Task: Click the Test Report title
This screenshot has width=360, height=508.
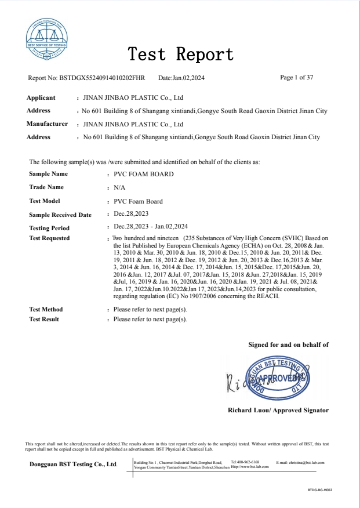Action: (180, 55)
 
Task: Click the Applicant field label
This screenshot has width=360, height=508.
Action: (41, 97)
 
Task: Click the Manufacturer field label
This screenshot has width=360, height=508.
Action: (48, 124)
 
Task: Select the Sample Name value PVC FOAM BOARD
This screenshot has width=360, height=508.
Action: (144, 174)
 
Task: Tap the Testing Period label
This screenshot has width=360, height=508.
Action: (49, 228)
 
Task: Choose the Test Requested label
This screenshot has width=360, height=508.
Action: (49, 238)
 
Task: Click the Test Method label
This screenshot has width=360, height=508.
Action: (46, 310)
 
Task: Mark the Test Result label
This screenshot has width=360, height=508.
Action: (45, 320)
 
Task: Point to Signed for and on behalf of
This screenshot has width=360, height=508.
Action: (288, 344)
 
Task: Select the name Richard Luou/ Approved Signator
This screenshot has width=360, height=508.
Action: (278, 410)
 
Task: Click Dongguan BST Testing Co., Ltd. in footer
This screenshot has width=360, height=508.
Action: (74, 465)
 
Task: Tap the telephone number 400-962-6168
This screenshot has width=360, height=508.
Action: (249, 462)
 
